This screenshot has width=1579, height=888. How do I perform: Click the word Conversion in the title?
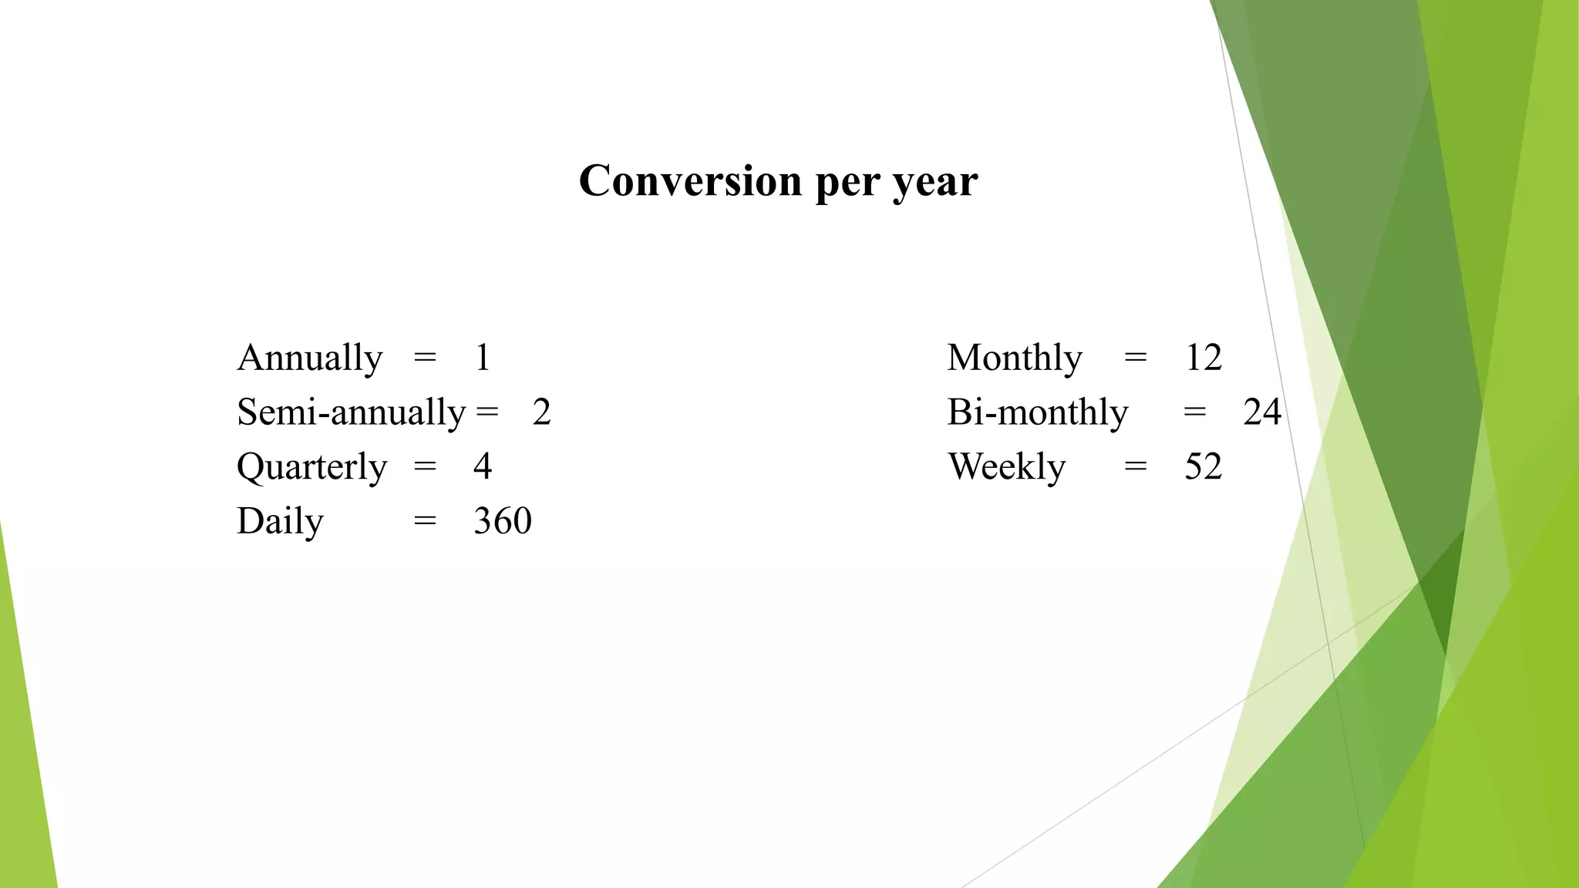pyautogui.click(x=690, y=181)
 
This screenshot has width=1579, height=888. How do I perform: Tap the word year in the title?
pyautogui.click(x=935, y=183)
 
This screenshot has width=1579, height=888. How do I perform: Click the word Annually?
pyautogui.click(x=309, y=358)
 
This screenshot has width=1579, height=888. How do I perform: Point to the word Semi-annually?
pyautogui.click(x=351, y=413)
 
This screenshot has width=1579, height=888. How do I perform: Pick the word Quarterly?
pyautogui.click(x=311, y=468)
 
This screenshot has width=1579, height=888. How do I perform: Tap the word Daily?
pyautogui.click(x=280, y=522)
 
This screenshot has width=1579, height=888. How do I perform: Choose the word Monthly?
pyautogui.click(x=1015, y=358)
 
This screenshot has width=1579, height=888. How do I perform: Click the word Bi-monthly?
pyautogui.click(x=1037, y=413)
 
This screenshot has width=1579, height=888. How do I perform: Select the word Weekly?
pyautogui.click(x=1006, y=468)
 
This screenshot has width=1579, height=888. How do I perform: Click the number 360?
pyautogui.click(x=503, y=521)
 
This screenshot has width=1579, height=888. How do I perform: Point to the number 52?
pyautogui.click(x=1204, y=467)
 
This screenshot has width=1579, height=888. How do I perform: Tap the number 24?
pyautogui.click(x=1262, y=412)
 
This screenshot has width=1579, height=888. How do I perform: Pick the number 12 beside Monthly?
pyautogui.click(x=1204, y=358)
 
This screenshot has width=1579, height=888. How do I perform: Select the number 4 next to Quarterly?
pyautogui.click(x=483, y=467)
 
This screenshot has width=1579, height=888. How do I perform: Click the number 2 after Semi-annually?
pyautogui.click(x=541, y=412)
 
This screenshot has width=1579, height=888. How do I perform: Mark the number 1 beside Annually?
pyautogui.click(x=483, y=358)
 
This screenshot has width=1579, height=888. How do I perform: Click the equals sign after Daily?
pyautogui.click(x=425, y=522)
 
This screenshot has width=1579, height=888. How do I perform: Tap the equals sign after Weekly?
pyautogui.click(x=1135, y=467)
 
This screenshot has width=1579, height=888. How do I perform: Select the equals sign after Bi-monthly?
pyautogui.click(x=1194, y=412)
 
